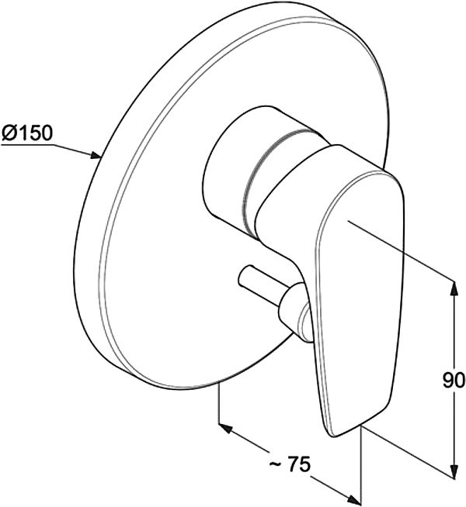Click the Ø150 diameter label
coord(27,133)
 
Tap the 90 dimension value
coord(454,380)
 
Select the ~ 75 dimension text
coord(290,464)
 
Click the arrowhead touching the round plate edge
coord(96,155)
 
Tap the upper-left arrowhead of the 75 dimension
coord(226,428)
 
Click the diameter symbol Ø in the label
coord(8,133)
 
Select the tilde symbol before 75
coord(275,464)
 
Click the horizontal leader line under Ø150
coord(26,145)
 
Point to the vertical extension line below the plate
coord(220,402)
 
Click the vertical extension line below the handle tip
coord(360,466)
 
